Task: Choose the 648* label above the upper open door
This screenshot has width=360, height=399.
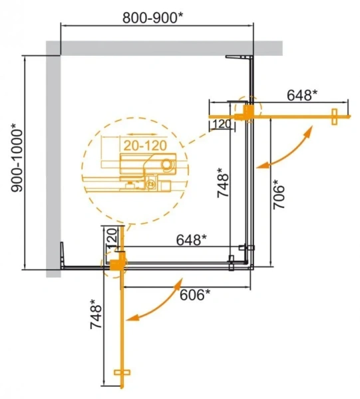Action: [x=303, y=96]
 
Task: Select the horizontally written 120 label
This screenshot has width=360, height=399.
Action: [x=222, y=124]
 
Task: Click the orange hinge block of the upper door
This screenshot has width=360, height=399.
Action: [x=249, y=115]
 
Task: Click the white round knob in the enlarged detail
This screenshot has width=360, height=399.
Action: [x=166, y=163]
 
